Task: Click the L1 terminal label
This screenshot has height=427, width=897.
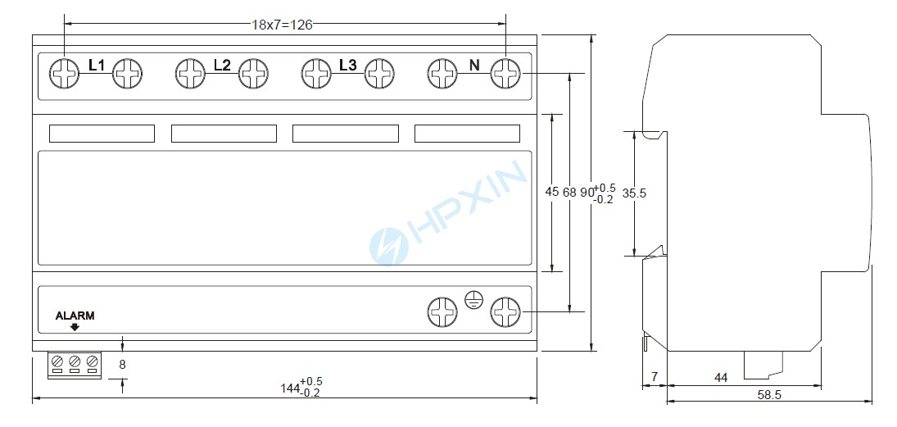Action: (x=96, y=66)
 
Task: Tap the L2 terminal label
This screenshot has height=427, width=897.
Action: (x=222, y=66)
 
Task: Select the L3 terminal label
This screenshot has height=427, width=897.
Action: (x=348, y=66)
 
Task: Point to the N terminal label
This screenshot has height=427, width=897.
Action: (x=474, y=66)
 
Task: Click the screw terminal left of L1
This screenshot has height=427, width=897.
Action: (x=64, y=74)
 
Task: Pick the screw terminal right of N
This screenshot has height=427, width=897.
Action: (x=505, y=74)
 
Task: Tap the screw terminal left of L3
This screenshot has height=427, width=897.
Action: (x=316, y=74)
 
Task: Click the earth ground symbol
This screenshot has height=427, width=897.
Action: (x=473, y=299)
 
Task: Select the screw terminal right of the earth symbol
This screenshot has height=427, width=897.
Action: (x=505, y=312)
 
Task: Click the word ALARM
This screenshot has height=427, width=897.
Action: (x=75, y=316)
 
